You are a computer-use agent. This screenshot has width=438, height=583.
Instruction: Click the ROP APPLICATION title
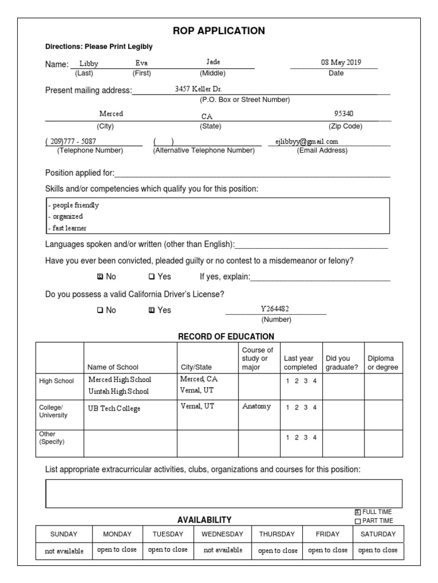(x=219, y=31)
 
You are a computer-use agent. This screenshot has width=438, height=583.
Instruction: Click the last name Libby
(x=89, y=63)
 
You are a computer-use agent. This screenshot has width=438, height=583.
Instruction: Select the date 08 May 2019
(x=340, y=63)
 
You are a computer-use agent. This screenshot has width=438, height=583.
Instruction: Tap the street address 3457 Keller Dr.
(x=198, y=89)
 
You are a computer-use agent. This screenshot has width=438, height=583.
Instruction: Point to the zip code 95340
(x=344, y=114)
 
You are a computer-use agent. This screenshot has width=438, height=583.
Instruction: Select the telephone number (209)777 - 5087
(x=71, y=141)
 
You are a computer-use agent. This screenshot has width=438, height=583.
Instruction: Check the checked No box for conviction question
(x=100, y=277)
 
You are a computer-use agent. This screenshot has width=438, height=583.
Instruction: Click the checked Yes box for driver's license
(x=151, y=310)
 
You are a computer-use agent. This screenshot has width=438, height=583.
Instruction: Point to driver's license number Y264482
(x=275, y=309)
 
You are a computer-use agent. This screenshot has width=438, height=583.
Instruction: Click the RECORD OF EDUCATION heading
(x=226, y=336)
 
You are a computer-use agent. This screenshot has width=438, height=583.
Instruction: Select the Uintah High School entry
(x=119, y=392)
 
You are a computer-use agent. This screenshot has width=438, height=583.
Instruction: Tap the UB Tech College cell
(x=114, y=409)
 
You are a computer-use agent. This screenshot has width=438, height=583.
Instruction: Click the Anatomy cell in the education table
(x=257, y=407)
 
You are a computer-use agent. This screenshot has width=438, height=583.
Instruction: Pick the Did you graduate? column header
(x=342, y=363)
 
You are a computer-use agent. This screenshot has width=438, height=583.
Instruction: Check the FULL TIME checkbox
(x=358, y=512)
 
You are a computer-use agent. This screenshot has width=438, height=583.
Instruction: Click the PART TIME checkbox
(x=358, y=520)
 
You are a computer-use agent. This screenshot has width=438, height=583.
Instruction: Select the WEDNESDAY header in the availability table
(x=222, y=534)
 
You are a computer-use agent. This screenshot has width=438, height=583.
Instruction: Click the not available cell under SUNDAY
(x=63, y=551)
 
